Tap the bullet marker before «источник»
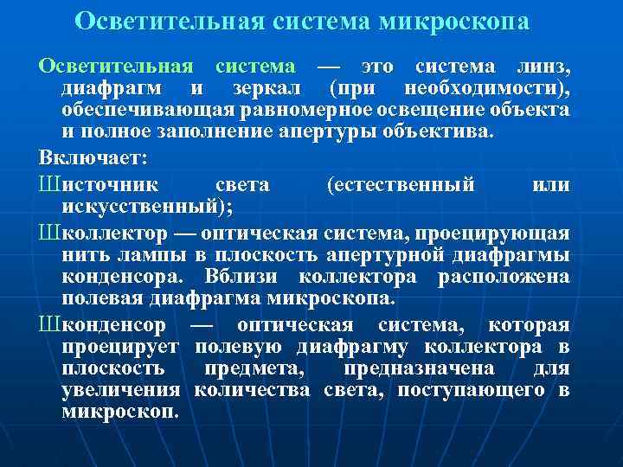[x=47, y=183]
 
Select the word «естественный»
[x=401, y=183]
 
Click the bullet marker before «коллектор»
[x=47, y=233]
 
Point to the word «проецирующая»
[x=491, y=233]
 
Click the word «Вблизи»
[x=243, y=277]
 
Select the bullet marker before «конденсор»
[x=47, y=324]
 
